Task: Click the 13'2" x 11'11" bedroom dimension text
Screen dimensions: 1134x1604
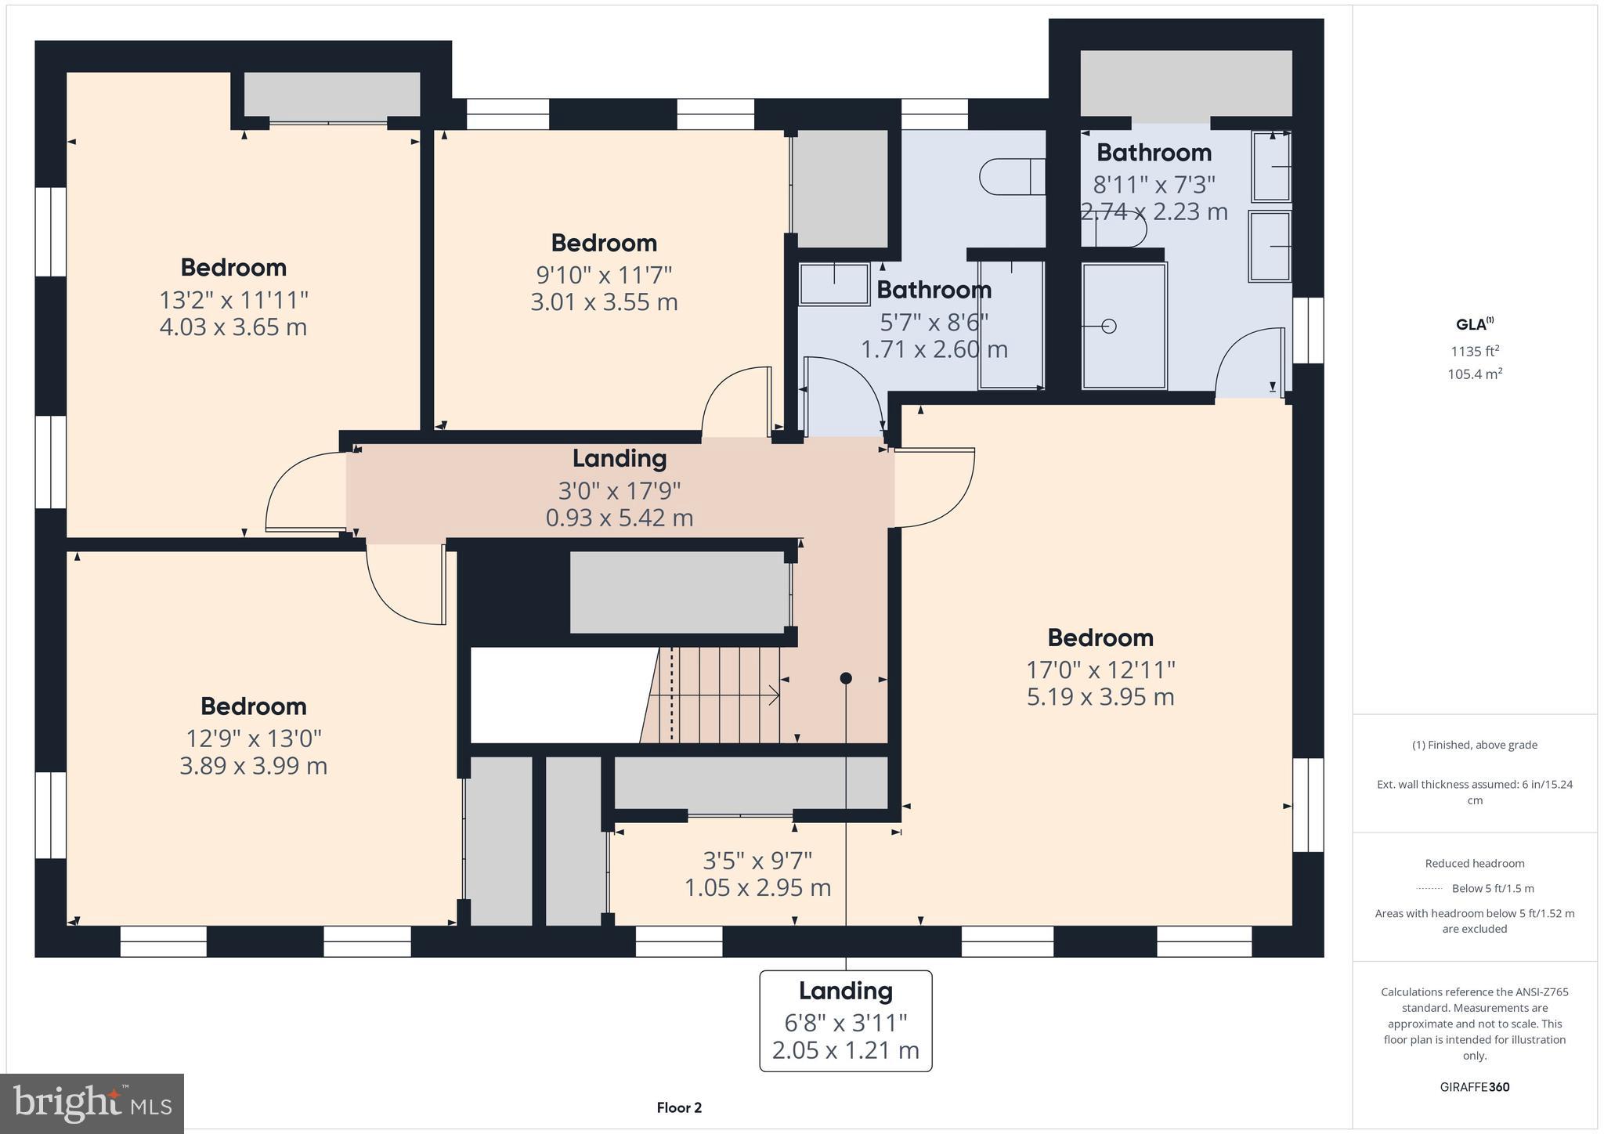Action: coord(233,300)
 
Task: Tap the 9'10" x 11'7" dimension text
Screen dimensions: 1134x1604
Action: coord(604,276)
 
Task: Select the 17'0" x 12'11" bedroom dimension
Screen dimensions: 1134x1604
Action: coord(1100,670)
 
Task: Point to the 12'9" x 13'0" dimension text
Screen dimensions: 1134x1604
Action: coord(253,739)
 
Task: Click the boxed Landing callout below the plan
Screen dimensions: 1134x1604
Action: coord(845,1020)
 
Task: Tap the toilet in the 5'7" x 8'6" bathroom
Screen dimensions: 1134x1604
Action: coord(1010,177)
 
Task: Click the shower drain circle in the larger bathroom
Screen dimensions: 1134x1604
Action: coord(1108,327)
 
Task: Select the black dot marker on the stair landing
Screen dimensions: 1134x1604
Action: coord(846,678)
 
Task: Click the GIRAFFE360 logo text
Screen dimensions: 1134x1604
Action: coord(1475,1087)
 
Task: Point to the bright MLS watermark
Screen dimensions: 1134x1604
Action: coord(92,1104)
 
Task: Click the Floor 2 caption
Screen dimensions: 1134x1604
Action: coord(679,1107)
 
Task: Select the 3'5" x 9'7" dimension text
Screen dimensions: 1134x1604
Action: coord(757,861)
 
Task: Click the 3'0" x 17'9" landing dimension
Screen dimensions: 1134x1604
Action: coord(619,491)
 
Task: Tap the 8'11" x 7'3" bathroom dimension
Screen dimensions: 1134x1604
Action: coord(1154,185)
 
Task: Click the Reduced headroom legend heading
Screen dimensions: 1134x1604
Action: coord(1474,864)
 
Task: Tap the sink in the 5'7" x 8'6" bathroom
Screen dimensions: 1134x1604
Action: coord(834,283)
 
